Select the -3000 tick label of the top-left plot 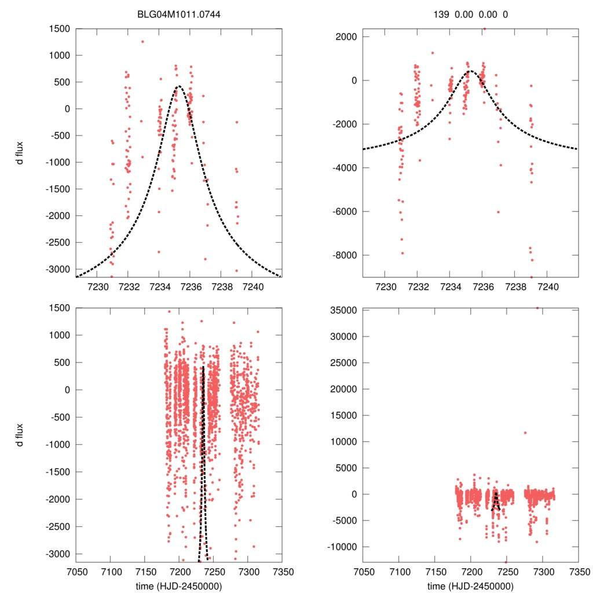coord(57,269)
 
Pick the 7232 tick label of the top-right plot coord(418,287)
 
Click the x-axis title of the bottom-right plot coord(471,585)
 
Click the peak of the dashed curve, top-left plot coord(178,86)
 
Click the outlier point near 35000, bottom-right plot coord(537,308)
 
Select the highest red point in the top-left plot coord(142,42)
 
